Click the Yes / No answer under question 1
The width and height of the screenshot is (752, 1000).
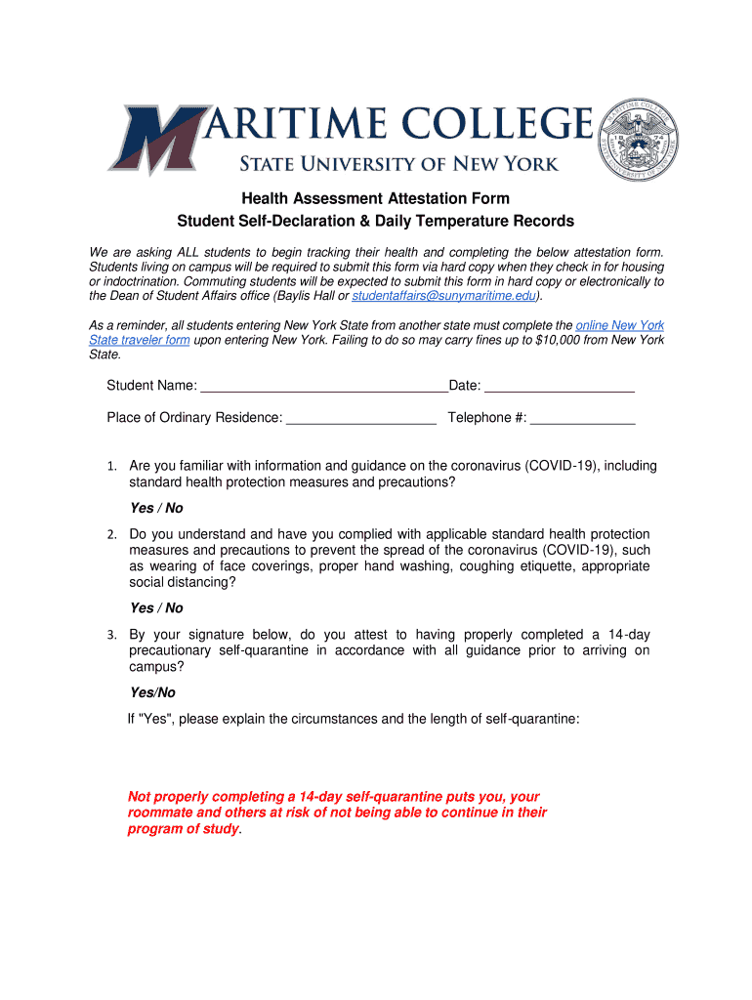pyautogui.click(x=156, y=508)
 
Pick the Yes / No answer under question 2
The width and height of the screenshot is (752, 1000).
pyautogui.click(x=156, y=607)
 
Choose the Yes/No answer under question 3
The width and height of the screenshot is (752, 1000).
pyautogui.click(x=152, y=692)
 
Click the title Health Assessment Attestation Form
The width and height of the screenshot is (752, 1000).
pyautogui.click(x=376, y=199)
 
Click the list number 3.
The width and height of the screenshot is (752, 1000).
pyautogui.click(x=112, y=636)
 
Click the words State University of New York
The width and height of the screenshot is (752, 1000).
pyautogui.click(x=400, y=163)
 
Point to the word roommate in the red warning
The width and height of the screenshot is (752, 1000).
pyautogui.click(x=161, y=812)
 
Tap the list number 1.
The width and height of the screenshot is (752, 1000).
pyautogui.click(x=112, y=467)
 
